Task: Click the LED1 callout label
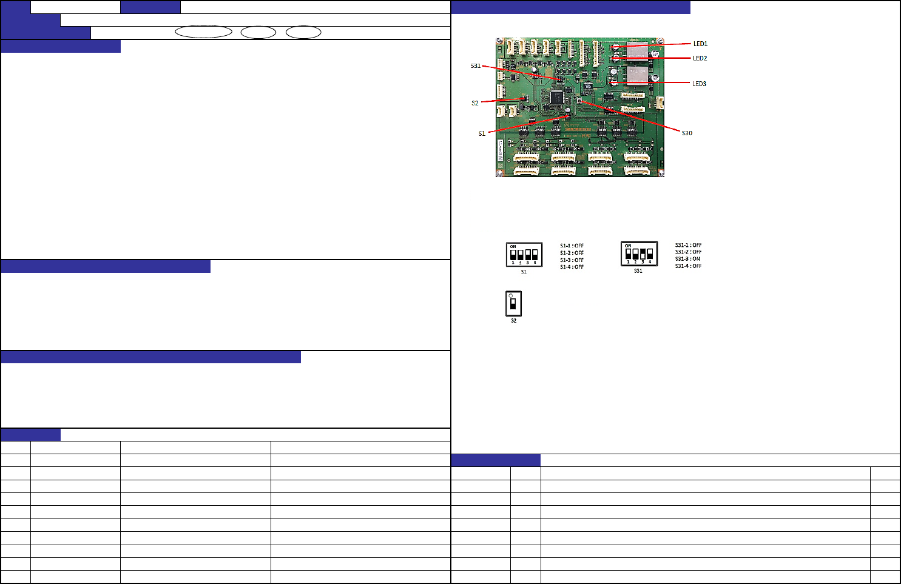pyautogui.click(x=700, y=44)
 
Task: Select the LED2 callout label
pyautogui.click(x=700, y=58)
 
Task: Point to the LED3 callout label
pyautogui.click(x=699, y=84)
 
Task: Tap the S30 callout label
pyautogui.click(x=687, y=133)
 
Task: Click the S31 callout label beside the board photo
pyautogui.click(x=476, y=65)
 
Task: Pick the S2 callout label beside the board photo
pyautogui.click(x=475, y=103)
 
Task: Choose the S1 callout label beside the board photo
pyautogui.click(x=482, y=133)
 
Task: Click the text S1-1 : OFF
pyautogui.click(x=572, y=246)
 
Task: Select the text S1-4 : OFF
pyautogui.click(x=572, y=267)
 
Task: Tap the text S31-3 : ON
pyautogui.click(x=687, y=259)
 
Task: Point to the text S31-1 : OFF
pyautogui.click(x=688, y=246)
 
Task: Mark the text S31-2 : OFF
pyautogui.click(x=688, y=252)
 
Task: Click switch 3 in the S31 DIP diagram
pyautogui.click(x=643, y=253)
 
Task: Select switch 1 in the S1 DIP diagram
pyautogui.click(x=513, y=255)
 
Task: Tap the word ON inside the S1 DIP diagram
pyautogui.click(x=513, y=247)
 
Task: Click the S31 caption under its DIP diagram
pyautogui.click(x=638, y=271)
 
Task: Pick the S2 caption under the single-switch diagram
pyautogui.click(x=513, y=321)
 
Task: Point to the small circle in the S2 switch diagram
pyautogui.click(x=511, y=296)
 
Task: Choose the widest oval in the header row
pyautogui.click(x=204, y=32)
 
